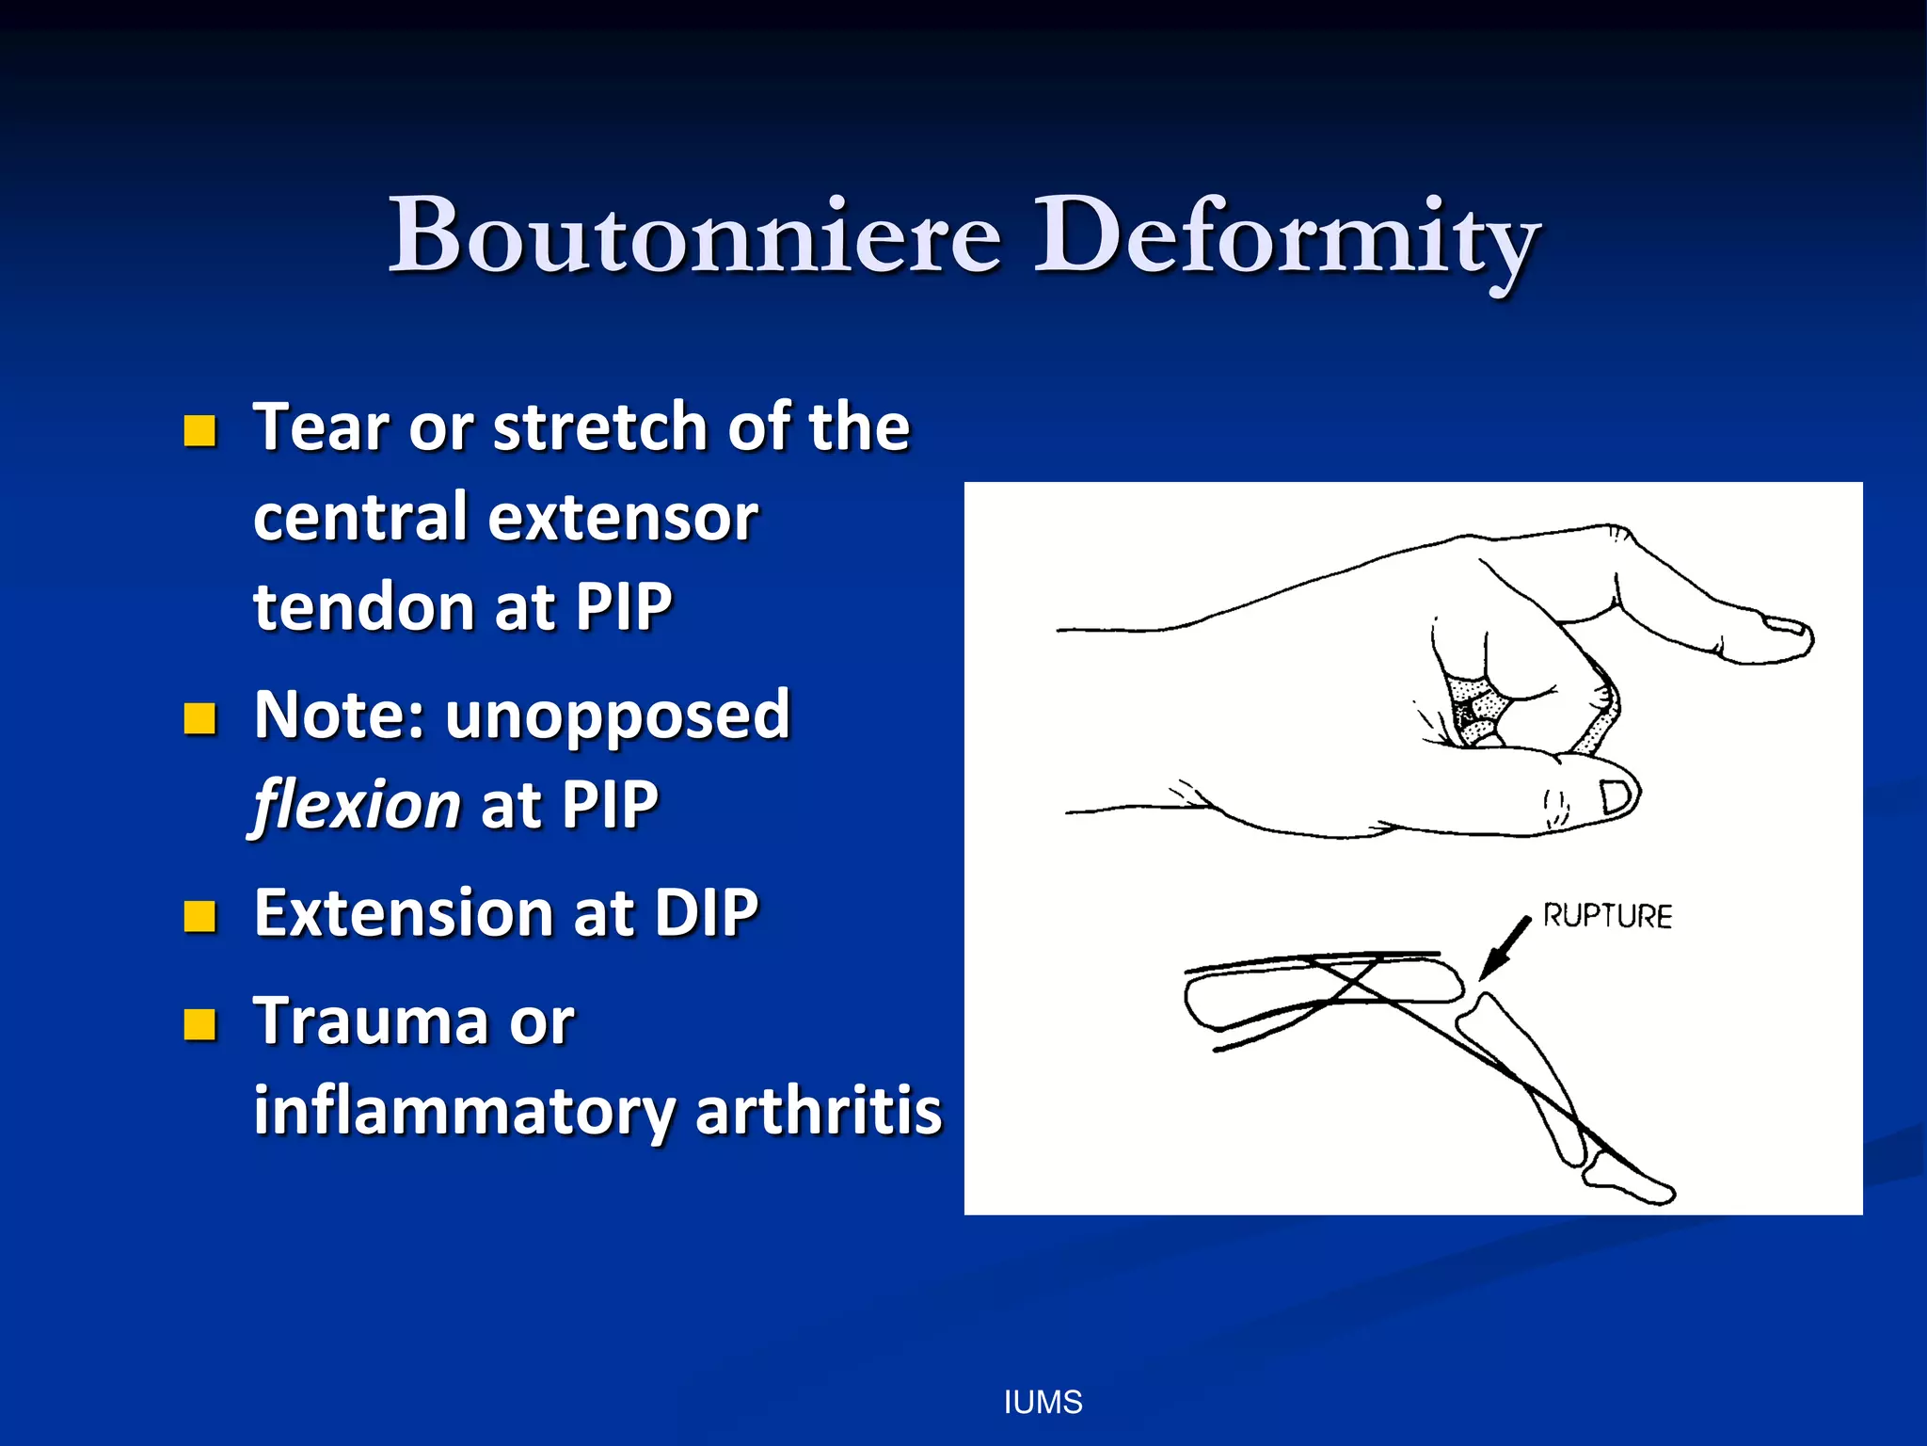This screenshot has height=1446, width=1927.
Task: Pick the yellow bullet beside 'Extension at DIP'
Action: point(200,916)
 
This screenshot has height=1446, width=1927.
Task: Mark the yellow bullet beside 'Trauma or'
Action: point(200,1024)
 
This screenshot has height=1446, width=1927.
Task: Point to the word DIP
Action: point(706,913)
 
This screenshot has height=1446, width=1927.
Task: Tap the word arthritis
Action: point(819,1111)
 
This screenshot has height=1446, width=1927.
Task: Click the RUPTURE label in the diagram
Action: point(1607,916)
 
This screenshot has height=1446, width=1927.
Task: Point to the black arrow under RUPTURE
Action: point(1504,949)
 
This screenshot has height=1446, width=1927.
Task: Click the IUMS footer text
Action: point(1043,1403)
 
